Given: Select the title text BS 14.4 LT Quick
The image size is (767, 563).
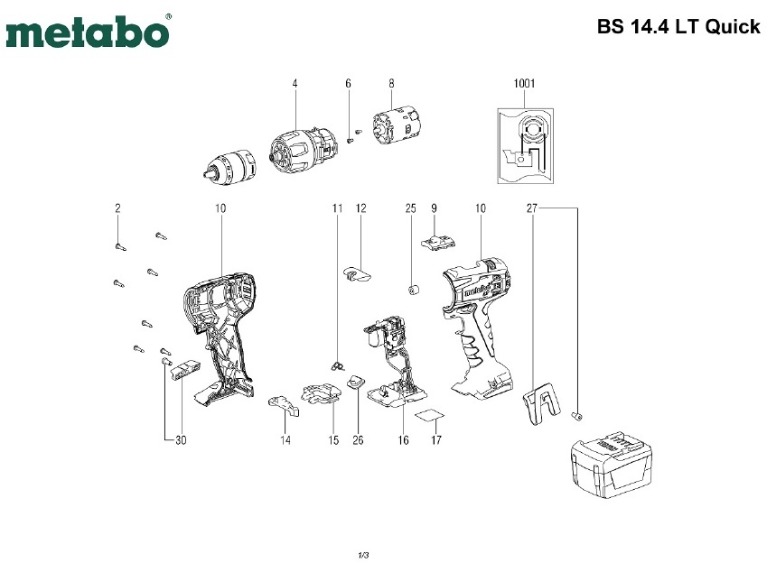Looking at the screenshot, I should click(678, 27).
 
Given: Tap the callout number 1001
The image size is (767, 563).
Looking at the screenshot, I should click(524, 84).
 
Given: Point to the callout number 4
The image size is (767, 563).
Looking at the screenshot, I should click(295, 84).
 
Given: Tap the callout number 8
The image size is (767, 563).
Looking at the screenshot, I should click(391, 84).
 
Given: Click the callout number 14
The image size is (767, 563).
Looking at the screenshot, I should click(285, 440).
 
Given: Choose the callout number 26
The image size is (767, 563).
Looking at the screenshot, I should click(358, 440).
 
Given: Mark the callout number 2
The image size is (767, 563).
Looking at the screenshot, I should click(117, 208).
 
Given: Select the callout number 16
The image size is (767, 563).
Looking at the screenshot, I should click(403, 440).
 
